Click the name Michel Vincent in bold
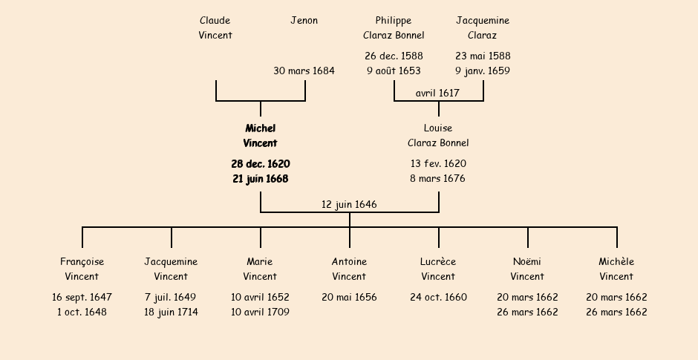coord(260,136)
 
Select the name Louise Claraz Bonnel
coord(438,136)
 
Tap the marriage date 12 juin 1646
coord(349,204)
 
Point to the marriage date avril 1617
coord(437,93)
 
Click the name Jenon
coord(304,21)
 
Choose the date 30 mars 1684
coord(304,71)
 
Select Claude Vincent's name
coord(215,27)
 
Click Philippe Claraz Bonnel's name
coord(394,27)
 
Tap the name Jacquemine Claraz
coord(483,27)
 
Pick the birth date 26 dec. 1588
coord(394,56)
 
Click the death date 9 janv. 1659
coord(483,71)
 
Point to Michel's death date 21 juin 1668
coord(260,179)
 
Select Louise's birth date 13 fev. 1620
coord(438,164)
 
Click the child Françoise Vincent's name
coord(82,269)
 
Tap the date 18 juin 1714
coord(171,312)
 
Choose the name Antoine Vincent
coord(349,269)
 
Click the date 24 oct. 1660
coord(438,298)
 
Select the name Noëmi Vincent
coord(527,269)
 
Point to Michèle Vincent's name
coord(616,269)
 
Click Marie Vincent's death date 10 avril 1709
coord(260,312)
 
